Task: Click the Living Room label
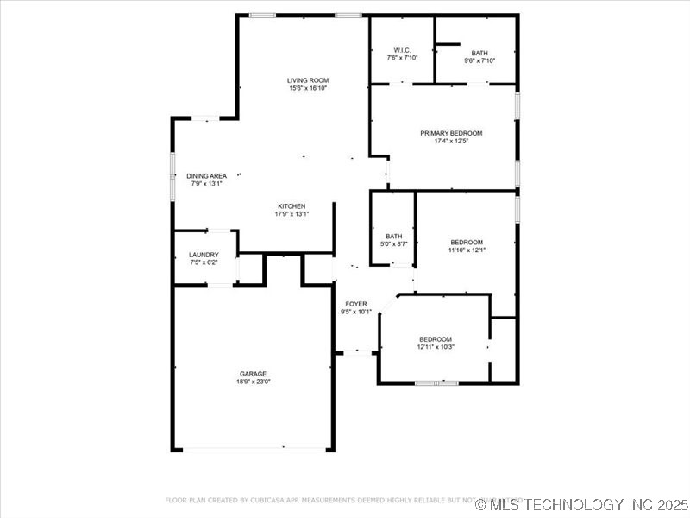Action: click(308, 80)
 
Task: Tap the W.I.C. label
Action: click(402, 49)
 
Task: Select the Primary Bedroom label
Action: click(451, 133)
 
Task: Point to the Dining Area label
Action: click(207, 175)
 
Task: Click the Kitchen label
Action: click(292, 205)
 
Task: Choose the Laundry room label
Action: click(204, 255)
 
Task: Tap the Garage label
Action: click(253, 374)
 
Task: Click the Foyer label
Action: click(356, 304)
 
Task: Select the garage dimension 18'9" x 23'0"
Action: click(253, 382)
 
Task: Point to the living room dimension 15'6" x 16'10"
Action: click(308, 88)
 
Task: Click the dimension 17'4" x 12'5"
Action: click(451, 142)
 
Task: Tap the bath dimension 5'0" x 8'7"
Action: click(394, 244)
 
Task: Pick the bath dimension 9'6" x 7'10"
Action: click(480, 60)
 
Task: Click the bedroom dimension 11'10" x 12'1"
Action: click(467, 250)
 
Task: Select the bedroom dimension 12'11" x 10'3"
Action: click(436, 347)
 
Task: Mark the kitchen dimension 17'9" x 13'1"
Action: click(292, 214)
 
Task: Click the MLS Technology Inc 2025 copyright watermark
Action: click(582, 504)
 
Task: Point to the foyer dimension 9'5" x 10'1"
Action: click(356, 313)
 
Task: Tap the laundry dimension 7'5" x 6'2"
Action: click(204, 262)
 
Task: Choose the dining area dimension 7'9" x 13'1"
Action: click(207, 183)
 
